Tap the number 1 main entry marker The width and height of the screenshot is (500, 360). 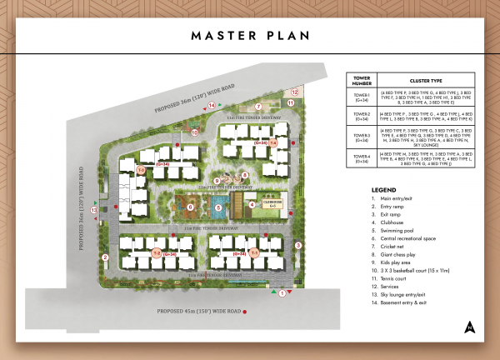282,293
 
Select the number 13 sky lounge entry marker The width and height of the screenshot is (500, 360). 94,210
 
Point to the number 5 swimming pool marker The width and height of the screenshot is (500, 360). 218,207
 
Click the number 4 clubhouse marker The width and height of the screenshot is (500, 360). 252,204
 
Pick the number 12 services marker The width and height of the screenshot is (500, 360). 294,93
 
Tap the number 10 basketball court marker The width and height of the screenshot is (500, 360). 194,132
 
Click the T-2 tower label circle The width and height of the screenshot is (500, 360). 156,252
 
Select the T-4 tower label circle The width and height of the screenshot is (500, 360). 272,143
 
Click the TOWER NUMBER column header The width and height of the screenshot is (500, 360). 361,81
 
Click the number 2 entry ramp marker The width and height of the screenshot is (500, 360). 106,257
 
